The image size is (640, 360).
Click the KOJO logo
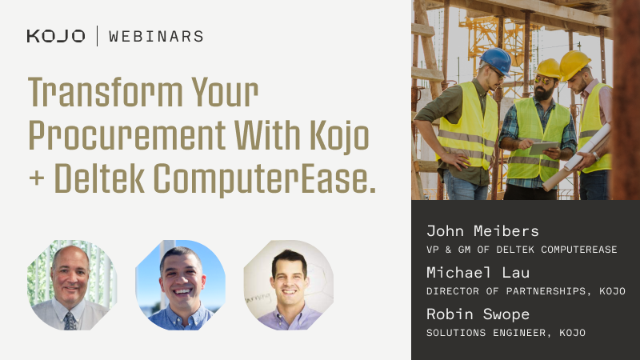(x=55, y=36)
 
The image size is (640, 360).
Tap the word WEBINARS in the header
(x=156, y=36)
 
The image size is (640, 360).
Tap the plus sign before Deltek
(x=37, y=181)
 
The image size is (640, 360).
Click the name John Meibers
(x=482, y=231)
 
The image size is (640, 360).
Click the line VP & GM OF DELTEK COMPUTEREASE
(x=522, y=250)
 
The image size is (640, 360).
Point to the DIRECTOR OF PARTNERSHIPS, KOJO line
(x=526, y=291)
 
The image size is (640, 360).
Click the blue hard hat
(x=496, y=60)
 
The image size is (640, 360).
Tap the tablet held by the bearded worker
(x=545, y=148)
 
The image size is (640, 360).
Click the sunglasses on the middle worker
(x=543, y=82)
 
